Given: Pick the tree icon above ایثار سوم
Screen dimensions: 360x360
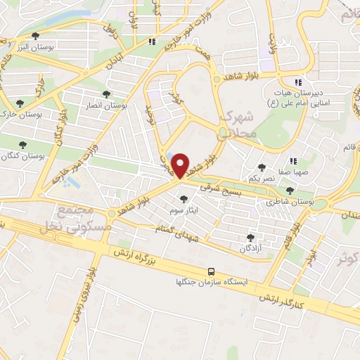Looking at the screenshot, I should (x=185, y=199).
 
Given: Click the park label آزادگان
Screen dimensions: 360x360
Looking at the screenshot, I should (x=251, y=249).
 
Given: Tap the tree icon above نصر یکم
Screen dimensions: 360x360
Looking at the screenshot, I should (x=262, y=167).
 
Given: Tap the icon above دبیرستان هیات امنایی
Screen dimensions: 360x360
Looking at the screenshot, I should (x=297, y=82).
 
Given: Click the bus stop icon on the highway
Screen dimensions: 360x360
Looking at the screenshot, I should (x=210, y=271).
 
